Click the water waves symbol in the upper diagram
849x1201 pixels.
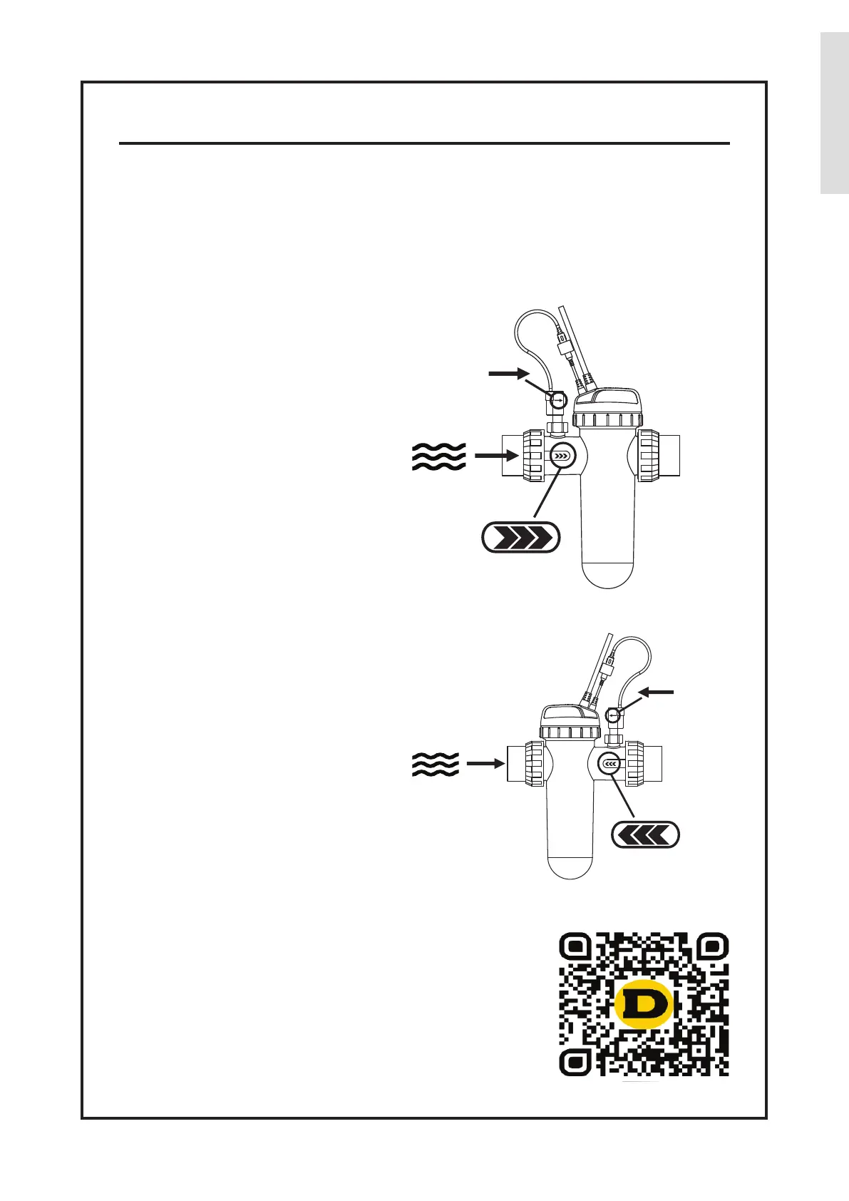[438, 456]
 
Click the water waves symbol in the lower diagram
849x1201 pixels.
[435, 765]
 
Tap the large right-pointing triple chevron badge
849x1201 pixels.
[521, 538]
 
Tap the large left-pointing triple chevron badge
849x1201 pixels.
[645, 834]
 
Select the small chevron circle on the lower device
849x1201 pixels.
[609, 765]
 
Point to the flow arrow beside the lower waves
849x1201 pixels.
[485, 764]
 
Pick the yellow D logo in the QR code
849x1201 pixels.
[644, 1004]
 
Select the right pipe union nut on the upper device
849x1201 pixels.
[649, 456]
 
